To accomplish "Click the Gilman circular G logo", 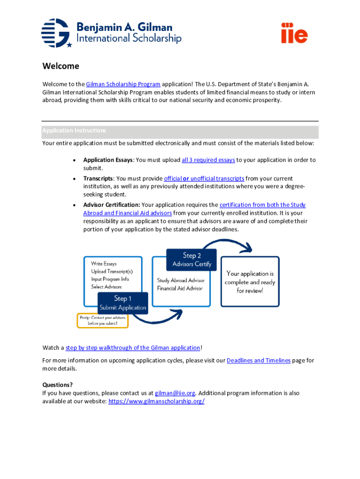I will click(x=56, y=33).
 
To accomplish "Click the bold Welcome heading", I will click(x=61, y=66).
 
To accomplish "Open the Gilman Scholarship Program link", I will click(x=123, y=84).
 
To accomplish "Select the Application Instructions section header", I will click(x=74, y=131).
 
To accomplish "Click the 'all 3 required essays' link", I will click(x=208, y=160).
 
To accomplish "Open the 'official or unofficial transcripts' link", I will click(x=204, y=179).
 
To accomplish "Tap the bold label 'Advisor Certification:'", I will click(x=111, y=205).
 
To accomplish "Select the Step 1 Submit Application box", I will click(x=122, y=303).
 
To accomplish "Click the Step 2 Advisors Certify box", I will click(x=192, y=260).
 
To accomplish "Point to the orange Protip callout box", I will click(x=102, y=320).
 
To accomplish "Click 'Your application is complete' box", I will click(x=250, y=282).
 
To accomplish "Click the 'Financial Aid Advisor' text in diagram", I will click(x=180, y=288).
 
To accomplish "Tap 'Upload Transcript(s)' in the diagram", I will click(x=112, y=272).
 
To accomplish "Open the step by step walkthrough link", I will click(x=133, y=348).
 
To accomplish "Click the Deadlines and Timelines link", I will click(x=259, y=361).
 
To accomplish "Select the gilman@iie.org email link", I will click(x=175, y=393).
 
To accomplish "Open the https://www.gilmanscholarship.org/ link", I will click(x=156, y=401).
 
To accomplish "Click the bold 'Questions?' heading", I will click(x=58, y=385).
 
